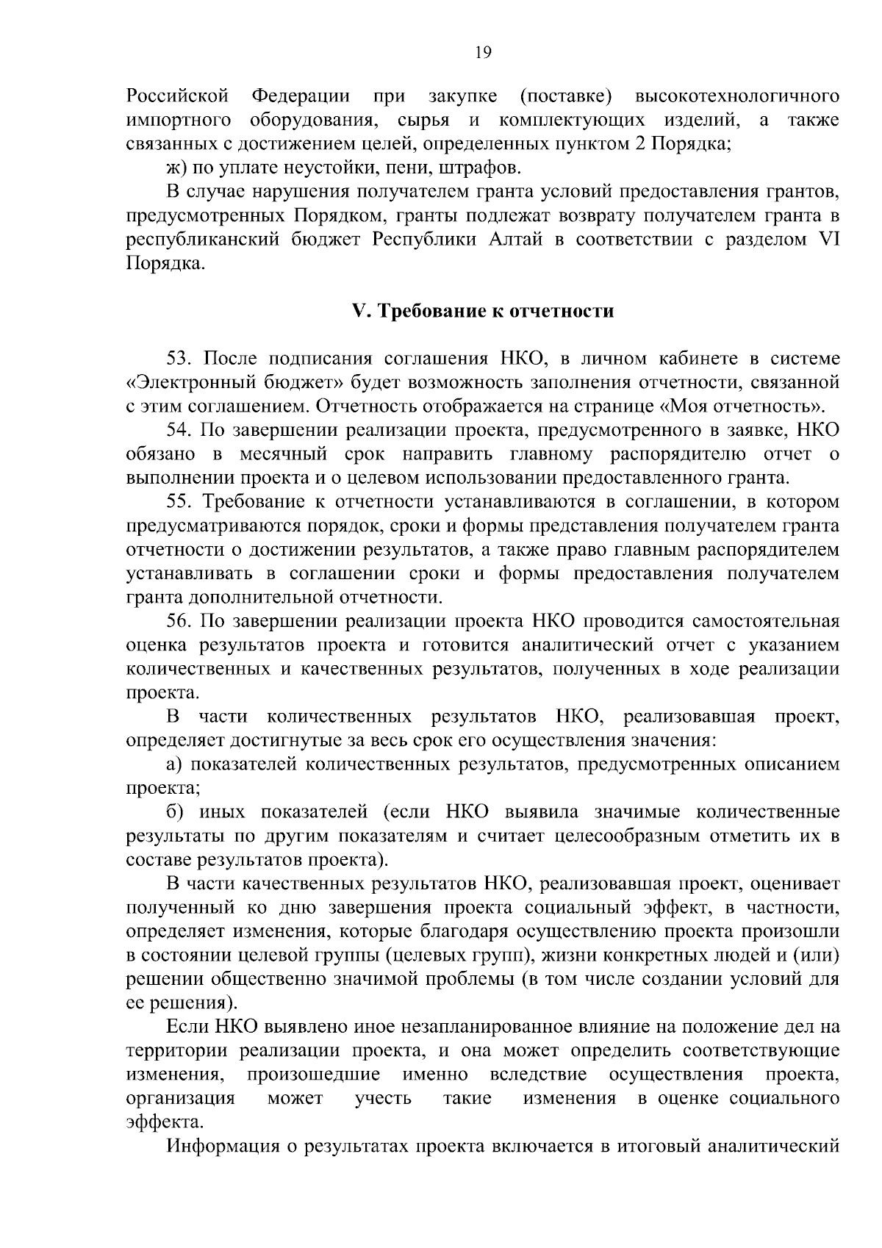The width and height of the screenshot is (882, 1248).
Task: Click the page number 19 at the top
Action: coord(483,52)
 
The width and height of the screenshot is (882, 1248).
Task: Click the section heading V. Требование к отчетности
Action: coord(483,311)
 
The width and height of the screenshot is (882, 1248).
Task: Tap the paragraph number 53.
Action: coord(180,359)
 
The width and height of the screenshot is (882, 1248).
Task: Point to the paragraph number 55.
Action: coord(180,502)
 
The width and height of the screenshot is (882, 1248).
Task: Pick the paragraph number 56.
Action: coord(180,622)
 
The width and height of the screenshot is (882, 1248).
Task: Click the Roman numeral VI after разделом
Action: coord(828,240)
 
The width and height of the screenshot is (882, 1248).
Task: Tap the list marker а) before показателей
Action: coord(175,765)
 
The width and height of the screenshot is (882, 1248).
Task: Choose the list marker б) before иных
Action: coord(175,813)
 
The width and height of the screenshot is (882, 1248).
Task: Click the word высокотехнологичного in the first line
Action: coord(736,96)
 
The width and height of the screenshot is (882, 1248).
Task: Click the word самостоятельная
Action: coord(765,622)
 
